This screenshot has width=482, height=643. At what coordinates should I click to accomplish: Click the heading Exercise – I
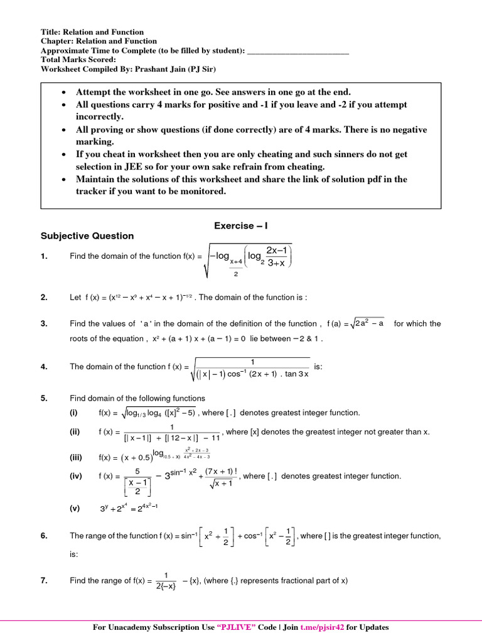click(x=241, y=225)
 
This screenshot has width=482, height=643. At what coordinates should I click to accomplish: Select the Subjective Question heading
click(x=87, y=236)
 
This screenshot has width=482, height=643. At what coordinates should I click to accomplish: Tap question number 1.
click(x=44, y=256)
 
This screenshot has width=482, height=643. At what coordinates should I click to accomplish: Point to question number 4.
click(x=44, y=367)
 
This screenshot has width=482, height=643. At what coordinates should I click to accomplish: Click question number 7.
click(x=44, y=581)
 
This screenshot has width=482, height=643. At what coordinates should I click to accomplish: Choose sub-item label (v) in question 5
click(x=75, y=509)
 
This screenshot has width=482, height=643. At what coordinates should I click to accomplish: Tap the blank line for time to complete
click(x=298, y=51)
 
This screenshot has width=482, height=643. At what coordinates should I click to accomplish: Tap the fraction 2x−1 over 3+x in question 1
click(x=276, y=256)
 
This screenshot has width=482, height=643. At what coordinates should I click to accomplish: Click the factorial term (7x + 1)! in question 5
click(x=219, y=472)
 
